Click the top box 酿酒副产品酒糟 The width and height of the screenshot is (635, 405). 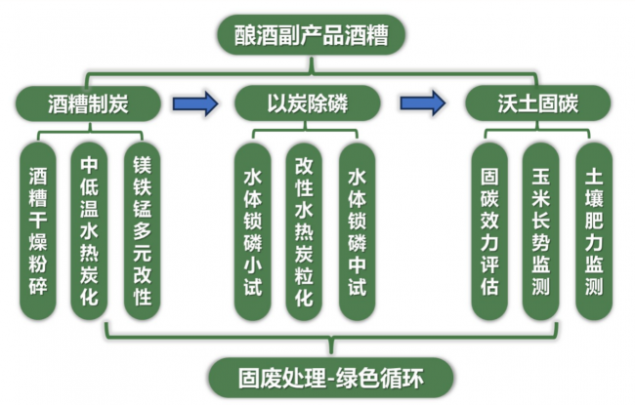pos(312,35)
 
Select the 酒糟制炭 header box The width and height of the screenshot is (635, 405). pos(88,103)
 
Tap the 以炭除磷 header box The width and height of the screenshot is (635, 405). pos(308,103)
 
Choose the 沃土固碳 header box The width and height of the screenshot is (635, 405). pos(538,103)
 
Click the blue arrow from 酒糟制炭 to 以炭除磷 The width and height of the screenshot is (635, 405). pos(195,103)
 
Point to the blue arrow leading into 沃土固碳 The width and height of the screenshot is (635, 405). pos(423,103)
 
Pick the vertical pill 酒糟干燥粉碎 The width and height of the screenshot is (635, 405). pos(38,231)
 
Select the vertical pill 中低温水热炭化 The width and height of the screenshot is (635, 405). pos(89,231)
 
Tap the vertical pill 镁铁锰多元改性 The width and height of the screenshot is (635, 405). pos(143,231)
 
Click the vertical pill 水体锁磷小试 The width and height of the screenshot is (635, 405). pos(253,232)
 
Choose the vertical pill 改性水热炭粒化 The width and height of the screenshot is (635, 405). pos(304,232)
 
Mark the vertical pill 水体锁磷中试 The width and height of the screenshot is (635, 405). pos(358,232)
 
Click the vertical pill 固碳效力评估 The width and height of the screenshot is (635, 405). pos(489,231)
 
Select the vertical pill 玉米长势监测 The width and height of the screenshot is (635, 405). pos(541,231)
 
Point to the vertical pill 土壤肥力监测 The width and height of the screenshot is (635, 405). pos(594,231)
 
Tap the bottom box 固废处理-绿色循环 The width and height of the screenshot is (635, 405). pos(331,378)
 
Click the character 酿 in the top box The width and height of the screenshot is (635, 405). pos(244,35)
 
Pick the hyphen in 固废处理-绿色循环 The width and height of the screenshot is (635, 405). pos(331,380)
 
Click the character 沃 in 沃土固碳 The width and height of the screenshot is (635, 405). pos(507,103)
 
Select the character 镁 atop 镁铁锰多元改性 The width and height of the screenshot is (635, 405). pos(143,165)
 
